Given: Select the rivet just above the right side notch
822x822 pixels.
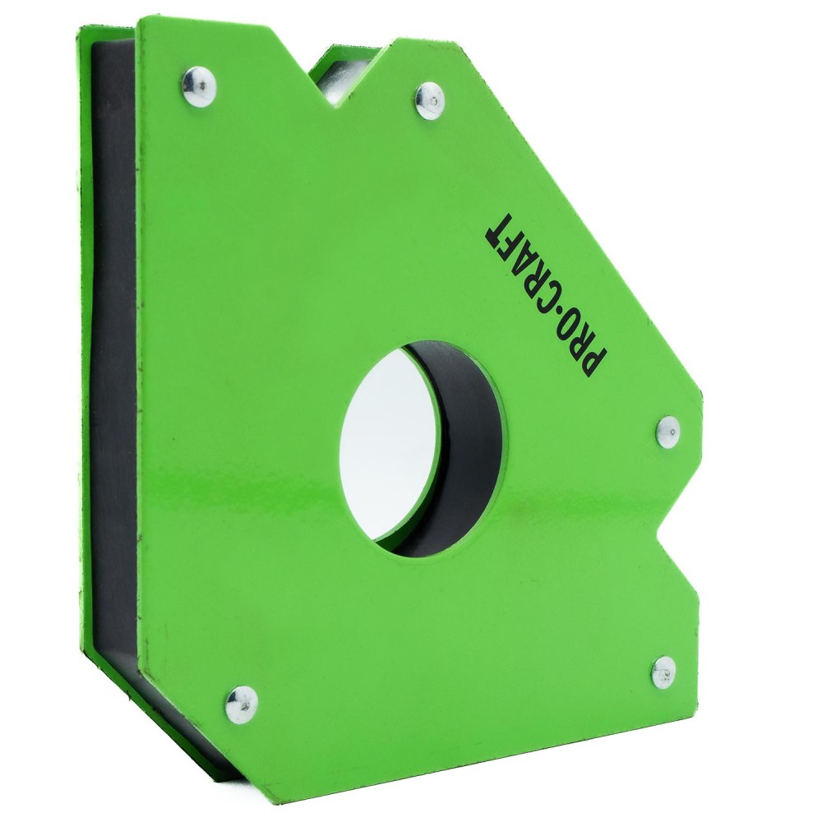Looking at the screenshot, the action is click(667, 432).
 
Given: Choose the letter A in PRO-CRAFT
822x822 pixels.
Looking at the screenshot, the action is click(519, 244).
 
